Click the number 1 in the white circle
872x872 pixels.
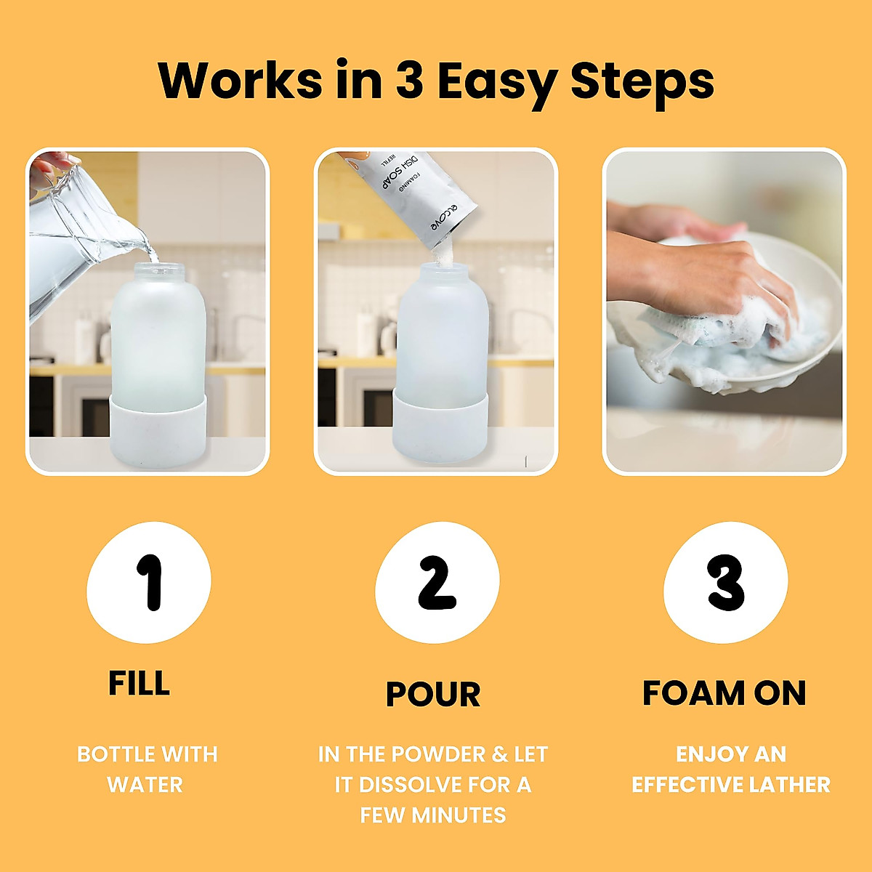coord(150,582)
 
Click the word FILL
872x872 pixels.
coord(139,684)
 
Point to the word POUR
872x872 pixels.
coord(433,694)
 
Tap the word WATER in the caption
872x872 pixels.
coord(145,785)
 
